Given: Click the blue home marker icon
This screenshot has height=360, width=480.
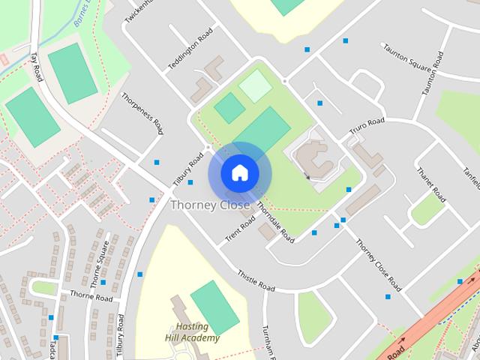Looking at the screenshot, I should coord(239,173).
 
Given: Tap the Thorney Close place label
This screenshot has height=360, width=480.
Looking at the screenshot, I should coord(210,205).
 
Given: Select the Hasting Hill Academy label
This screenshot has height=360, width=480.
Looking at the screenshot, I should coord(192,332).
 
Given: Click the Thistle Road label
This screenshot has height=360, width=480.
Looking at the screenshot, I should coord(256,280).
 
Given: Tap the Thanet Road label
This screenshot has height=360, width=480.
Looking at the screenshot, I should coord(430,184).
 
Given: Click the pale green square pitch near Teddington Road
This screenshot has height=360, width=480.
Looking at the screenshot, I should coord(255,85).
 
